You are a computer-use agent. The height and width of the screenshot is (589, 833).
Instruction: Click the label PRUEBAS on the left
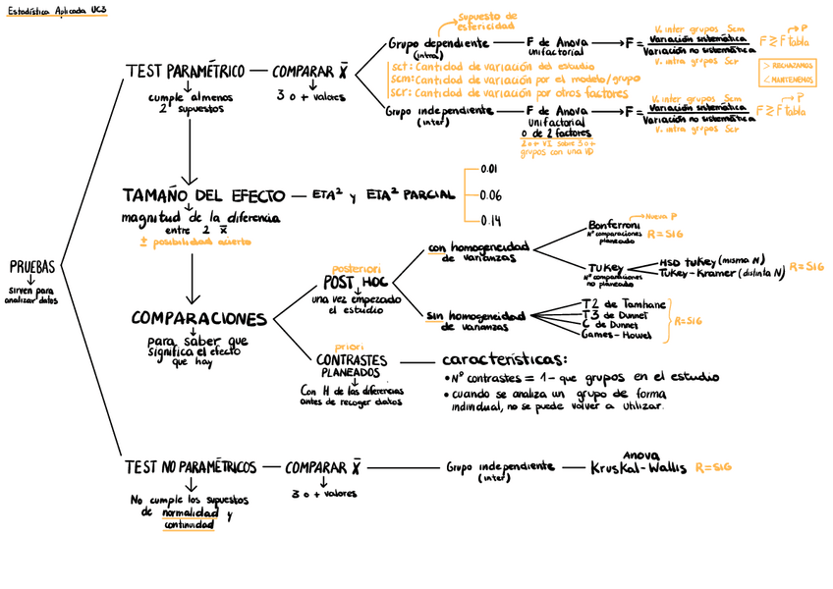coord(31,267)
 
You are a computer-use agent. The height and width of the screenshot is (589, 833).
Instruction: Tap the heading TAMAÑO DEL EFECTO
coord(203,194)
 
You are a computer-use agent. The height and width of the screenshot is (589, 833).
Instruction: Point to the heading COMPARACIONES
coord(198,319)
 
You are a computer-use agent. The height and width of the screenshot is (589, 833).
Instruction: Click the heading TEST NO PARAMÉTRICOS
coord(191,467)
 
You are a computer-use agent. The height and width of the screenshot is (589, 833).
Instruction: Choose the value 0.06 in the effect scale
coord(490,194)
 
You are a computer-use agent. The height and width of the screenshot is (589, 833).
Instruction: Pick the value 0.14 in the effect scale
coord(490,220)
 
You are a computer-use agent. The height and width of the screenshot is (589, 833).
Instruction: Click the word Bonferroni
coord(614,225)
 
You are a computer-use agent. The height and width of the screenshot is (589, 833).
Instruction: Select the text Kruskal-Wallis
coord(639,468)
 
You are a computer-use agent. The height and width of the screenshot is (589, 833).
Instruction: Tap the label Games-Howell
coord(616,335)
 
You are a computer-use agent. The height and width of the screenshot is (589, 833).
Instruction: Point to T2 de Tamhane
coord(624,305)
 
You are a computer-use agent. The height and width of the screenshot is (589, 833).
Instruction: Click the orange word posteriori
coord(356,268)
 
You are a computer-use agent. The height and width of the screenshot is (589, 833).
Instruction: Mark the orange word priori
coord(349,347)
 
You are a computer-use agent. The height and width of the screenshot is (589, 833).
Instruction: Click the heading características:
coord(504,359)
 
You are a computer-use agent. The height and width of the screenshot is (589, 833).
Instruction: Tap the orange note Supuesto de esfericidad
coord(488,22)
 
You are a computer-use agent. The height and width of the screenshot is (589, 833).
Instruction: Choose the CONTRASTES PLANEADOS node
coord(351,366)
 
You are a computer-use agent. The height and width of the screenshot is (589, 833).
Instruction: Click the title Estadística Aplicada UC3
coord(56,10)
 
